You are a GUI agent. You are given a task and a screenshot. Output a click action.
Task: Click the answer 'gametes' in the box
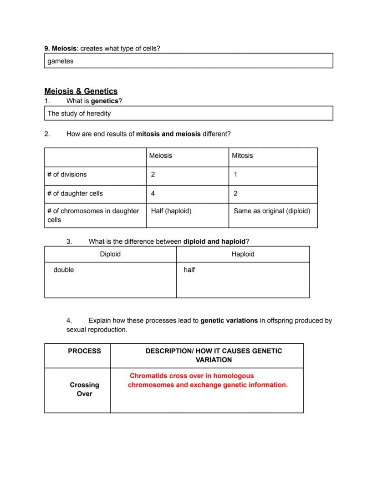click(x=60, y=61)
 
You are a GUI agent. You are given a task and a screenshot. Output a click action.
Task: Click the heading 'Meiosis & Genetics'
click(x=81, y=91)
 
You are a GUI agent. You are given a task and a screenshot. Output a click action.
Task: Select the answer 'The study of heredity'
click(x=79, y=114)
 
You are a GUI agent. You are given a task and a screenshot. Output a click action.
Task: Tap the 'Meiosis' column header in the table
click(x=160, y=156)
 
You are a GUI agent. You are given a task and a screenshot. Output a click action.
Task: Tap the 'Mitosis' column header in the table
click(x=242, y=156)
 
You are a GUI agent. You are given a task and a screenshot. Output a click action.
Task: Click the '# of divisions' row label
click(x=67, y=175)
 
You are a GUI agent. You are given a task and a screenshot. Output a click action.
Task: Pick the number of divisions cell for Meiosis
click(x=153, y=175)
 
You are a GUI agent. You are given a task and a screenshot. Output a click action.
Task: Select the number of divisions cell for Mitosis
click(x=235, y=175)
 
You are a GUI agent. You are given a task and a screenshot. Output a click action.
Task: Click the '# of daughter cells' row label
click(x=75, y=194)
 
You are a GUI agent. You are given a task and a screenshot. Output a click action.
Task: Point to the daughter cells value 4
click(x=153, y=194)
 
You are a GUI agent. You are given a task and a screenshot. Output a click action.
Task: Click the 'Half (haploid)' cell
click(x=171, y=211)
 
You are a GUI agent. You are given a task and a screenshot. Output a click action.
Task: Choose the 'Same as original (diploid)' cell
click(x=272, y=211)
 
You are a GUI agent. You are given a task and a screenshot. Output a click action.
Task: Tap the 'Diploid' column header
click(x=110, y=254)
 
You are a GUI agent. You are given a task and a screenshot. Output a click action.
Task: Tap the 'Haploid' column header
click(x=243, y=254)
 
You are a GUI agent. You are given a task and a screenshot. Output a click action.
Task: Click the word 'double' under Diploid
click(x=64, y=270)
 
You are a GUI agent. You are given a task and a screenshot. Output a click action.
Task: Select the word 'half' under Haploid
click(x=189, y=270)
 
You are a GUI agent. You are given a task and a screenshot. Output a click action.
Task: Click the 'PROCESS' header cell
click(x=84, y=351)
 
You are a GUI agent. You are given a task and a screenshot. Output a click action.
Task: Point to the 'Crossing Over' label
click(x=84, y=389)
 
